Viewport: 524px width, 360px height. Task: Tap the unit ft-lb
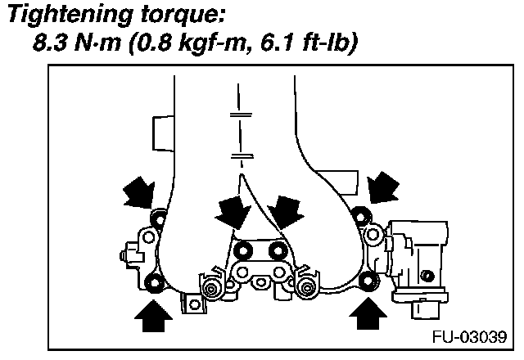click(x=323, y=44)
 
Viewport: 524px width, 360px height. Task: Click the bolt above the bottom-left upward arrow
click(x=153, y=284)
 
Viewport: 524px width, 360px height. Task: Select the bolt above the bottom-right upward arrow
click(x=366, y=283)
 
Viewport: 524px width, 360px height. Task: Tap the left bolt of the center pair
click(x=241, y=250)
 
